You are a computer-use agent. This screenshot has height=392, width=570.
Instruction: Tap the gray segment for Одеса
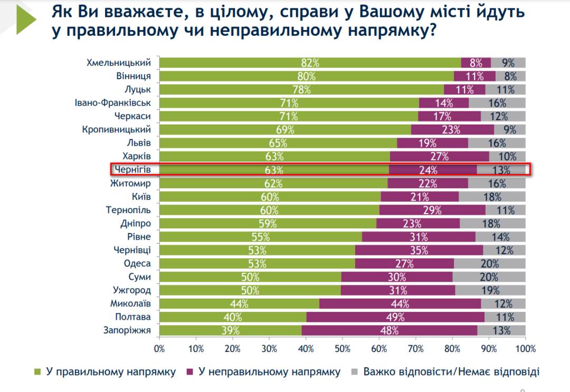click(489, 263)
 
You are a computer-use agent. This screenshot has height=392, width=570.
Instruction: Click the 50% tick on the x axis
click(343, 349)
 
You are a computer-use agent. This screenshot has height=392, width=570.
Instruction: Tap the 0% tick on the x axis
click(159, 349)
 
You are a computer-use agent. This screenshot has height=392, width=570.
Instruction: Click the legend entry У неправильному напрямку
click(269, 372)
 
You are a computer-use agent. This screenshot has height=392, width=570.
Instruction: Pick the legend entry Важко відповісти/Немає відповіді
click(451, 372)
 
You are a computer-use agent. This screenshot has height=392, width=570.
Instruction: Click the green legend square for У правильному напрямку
click(37, 372)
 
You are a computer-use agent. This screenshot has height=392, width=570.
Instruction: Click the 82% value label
click(310, 63)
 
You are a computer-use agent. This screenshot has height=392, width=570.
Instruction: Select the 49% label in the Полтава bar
click(395, 317)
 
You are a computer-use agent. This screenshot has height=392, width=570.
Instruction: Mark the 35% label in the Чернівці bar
click(419, 250)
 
